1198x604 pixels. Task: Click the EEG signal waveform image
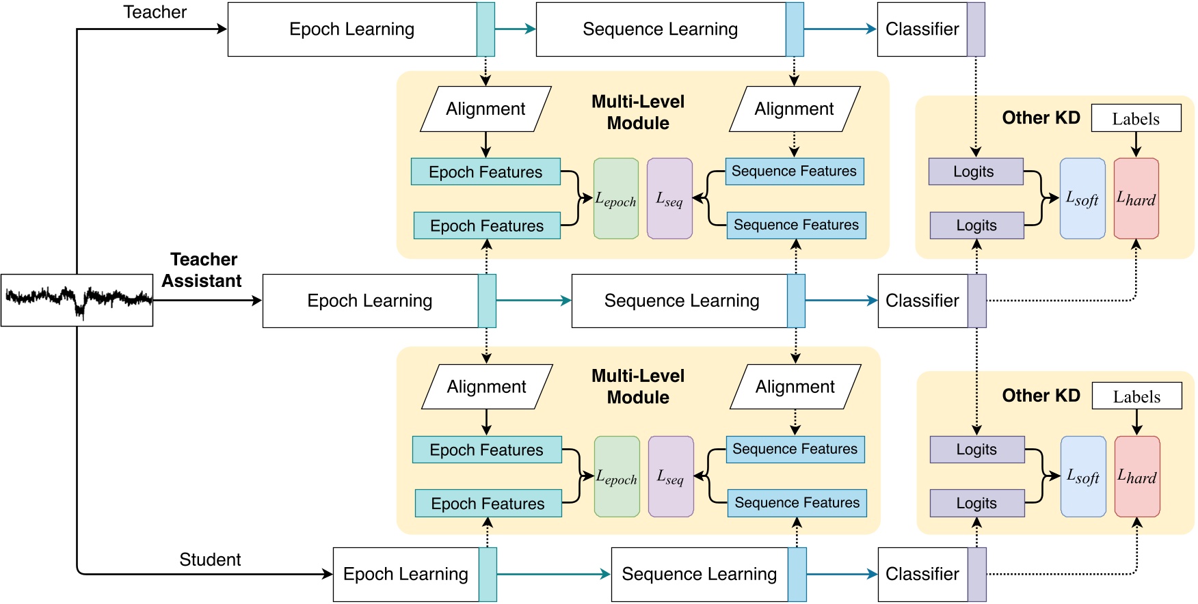coord(77,300)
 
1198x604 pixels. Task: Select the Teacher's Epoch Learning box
coord(352,29)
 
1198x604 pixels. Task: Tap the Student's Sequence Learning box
coord(700,574)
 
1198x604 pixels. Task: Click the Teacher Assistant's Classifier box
coord(922,301)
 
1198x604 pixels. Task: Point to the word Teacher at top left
coord(155,12)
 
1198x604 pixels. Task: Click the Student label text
coord(210,560)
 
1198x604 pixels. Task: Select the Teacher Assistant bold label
coord(202,270)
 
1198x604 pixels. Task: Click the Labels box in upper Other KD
coord(1136,118)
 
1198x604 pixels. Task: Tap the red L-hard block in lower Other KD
coord(1136,476)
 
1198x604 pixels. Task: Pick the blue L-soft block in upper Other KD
coord(1082,198)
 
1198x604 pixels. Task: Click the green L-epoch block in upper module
coord(615,198)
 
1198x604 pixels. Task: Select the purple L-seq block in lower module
coord(670,476)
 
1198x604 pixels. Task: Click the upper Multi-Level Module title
coord(638,112)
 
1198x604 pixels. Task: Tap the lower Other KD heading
coord(1041,396)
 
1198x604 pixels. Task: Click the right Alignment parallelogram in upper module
coord(794,109)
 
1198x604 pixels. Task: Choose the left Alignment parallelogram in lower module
coord(486,387)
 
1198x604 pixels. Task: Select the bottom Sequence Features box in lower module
coord(797,503)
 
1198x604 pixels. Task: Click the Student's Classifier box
coord(922,574)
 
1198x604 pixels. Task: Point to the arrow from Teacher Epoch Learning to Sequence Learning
coord(515,29)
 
